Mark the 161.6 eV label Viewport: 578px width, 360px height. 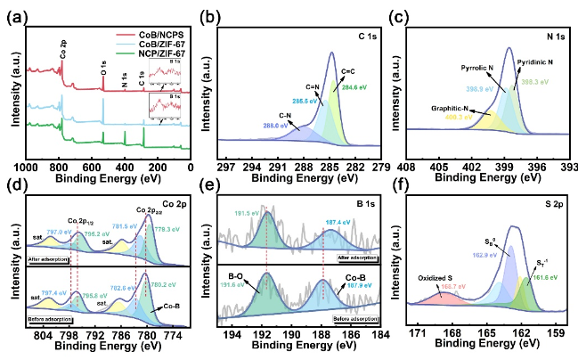536,277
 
